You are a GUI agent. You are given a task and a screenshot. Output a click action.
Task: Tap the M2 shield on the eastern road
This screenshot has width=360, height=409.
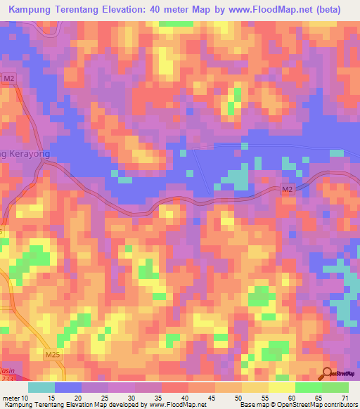[x=287, y=189]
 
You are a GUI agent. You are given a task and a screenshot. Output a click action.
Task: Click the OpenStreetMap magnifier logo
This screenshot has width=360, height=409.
[x=327, y=373]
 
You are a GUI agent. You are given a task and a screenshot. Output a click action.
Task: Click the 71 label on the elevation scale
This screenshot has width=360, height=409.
[x=345, y=397]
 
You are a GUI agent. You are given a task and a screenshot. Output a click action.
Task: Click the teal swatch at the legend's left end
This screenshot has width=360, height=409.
[x=41, y=387]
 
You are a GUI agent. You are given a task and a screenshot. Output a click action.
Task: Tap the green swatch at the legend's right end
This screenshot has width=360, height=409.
[x=335, y=387]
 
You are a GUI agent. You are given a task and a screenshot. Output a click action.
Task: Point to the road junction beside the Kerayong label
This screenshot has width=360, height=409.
[x=44, y=161]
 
